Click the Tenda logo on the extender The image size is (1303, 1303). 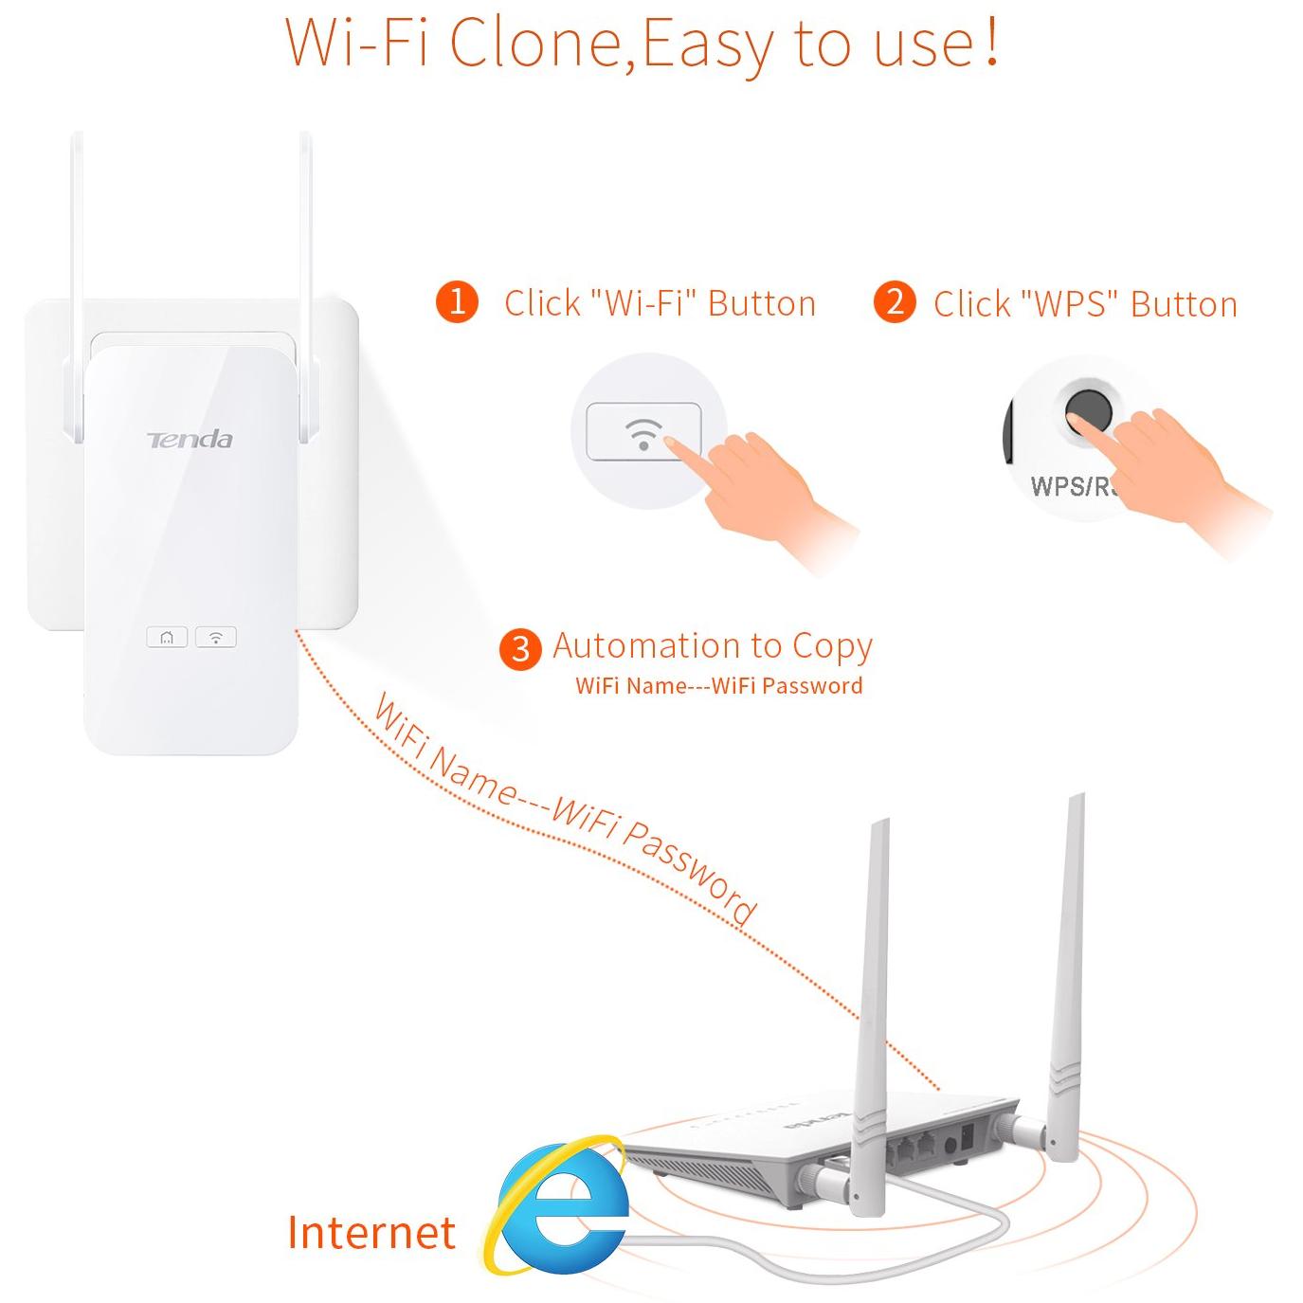pos(190,439)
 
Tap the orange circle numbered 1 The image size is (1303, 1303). pos(458,301)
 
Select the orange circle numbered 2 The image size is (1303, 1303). pos(895,301)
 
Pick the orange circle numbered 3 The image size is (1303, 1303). pos(520,648)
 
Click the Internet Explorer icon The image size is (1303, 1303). pos(559,1203)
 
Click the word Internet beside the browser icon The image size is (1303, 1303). pos(371,1232)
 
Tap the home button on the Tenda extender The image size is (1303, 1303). pos(167,637)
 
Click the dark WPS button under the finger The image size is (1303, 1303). pos(1087,410)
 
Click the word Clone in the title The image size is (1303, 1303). pos(541,42)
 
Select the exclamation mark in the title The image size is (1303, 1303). pos(991,42)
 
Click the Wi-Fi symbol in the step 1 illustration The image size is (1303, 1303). pos(644,433)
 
